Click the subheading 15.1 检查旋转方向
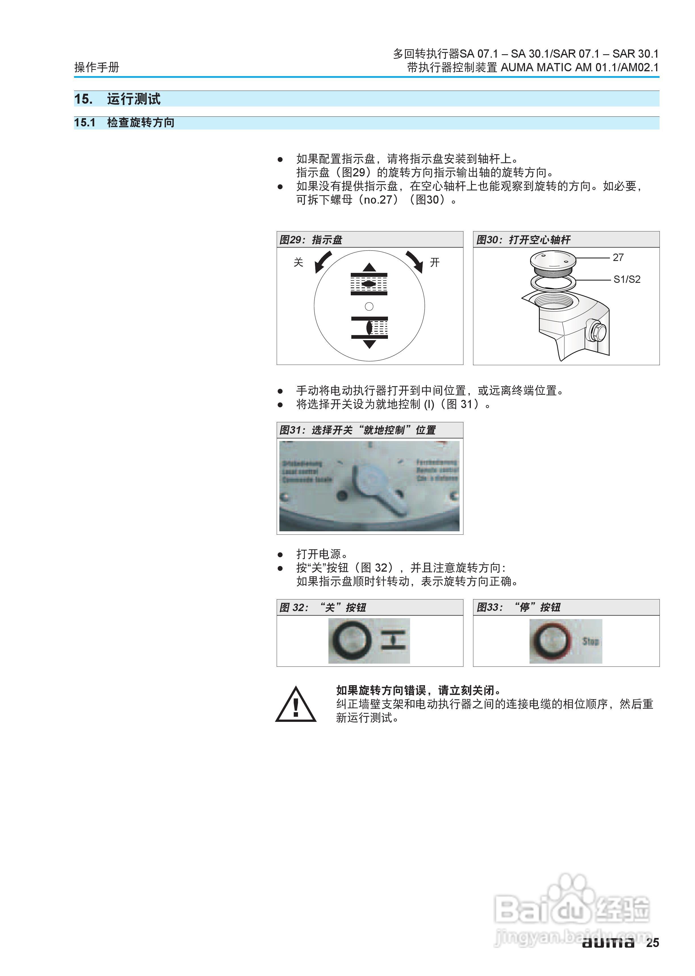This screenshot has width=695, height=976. pyautogui.click(x=124, y=122)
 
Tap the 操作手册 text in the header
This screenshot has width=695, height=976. pyautogui.click(x=97, y=67)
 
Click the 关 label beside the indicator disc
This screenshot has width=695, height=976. pyautogui.click(x=298, y=262)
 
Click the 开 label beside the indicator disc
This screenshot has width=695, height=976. pyautogui.click(x=434, y=262)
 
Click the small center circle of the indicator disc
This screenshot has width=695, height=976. pyautogui.click(x=369, y=306)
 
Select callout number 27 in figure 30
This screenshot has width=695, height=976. pyautogui.click(x=618, y=257)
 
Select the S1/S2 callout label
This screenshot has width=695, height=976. pyautogui.click(x=627, y=279)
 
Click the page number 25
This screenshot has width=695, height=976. pyautogui.click(x=652, y=942)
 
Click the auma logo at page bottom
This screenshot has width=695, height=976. pyautogui.click(x=607, y=942)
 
